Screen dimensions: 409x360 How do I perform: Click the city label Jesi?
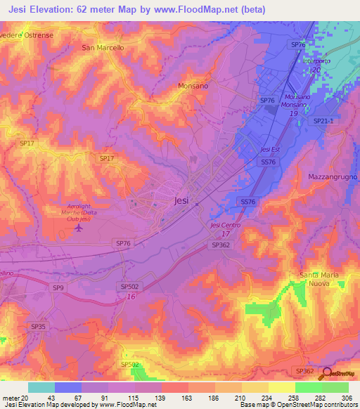181,200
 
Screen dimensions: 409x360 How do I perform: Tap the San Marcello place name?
103,48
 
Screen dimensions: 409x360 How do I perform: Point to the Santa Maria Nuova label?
319,278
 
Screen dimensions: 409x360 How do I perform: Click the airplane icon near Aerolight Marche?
78,227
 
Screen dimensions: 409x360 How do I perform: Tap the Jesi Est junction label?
270,150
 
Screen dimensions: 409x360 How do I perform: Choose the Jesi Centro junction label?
225,225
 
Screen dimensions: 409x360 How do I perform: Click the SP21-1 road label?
322,121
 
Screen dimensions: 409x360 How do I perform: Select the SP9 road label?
58,287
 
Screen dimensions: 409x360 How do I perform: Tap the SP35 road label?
38,327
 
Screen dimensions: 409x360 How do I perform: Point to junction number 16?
131,297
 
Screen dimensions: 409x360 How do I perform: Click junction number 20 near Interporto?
316,70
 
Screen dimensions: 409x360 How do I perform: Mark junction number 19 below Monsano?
293,112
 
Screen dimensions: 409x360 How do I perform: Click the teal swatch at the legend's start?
41,387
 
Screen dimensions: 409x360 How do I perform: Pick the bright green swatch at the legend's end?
335,387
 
